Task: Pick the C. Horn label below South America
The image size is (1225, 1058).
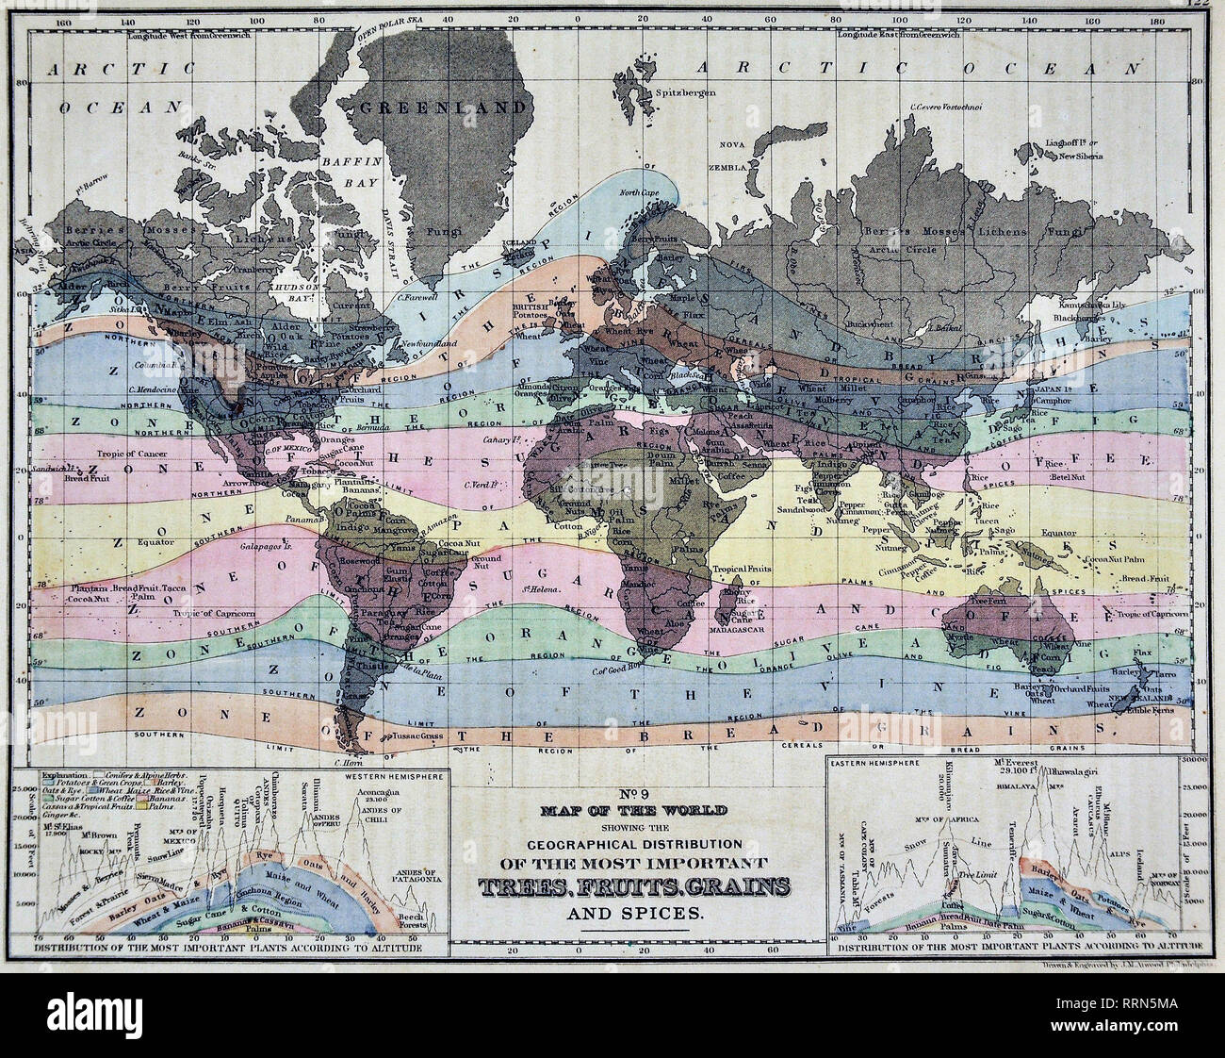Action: coord(350,761)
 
